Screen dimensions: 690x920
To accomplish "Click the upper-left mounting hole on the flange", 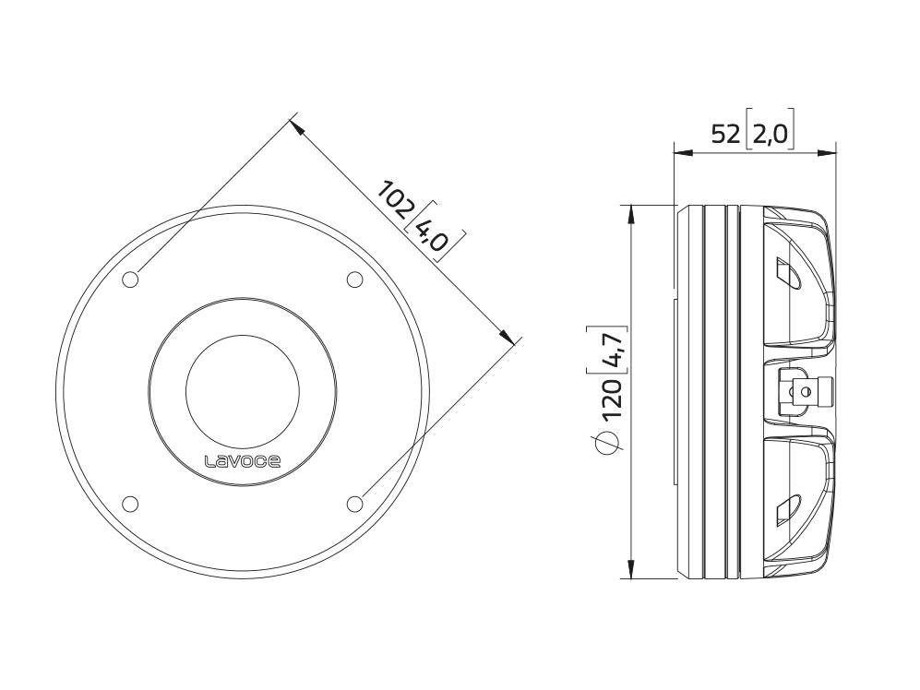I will (131, 280).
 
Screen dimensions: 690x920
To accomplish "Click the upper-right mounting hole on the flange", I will (354, 280).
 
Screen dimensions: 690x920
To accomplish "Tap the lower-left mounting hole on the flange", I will (131, 503).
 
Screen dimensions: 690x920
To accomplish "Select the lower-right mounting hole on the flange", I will (354, 503).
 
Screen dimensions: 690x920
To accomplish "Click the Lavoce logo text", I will (242, 460).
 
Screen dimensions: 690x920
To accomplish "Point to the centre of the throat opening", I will (243, 392).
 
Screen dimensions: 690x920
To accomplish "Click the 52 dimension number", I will (725, 135).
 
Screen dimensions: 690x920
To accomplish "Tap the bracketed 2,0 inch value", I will (770, 135).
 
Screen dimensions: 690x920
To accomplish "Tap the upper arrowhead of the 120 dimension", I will (631, 211).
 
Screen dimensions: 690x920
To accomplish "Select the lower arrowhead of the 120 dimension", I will (631, 572).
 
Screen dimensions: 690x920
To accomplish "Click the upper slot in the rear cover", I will (788, 275).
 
